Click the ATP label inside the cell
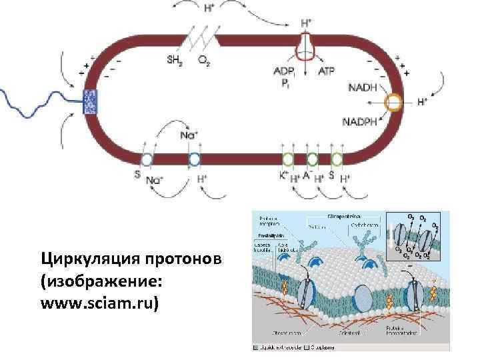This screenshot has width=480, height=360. click(327, 71)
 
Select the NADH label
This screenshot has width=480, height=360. click(362, 87)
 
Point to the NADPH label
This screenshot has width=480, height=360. click(361, 122)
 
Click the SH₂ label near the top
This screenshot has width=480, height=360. click(174, 58)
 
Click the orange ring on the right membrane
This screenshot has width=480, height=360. click(394, 103)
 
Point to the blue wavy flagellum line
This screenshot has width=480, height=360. click(40, 100)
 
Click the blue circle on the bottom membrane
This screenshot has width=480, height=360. click(194, 159)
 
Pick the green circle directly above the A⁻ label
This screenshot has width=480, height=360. click(311, 159)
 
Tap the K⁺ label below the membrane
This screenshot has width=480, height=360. click(283, 177)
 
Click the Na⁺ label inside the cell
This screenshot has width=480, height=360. click(189, 135)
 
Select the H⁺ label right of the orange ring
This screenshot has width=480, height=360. click(422, 103)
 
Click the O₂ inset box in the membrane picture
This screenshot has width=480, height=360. click(417, 237)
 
